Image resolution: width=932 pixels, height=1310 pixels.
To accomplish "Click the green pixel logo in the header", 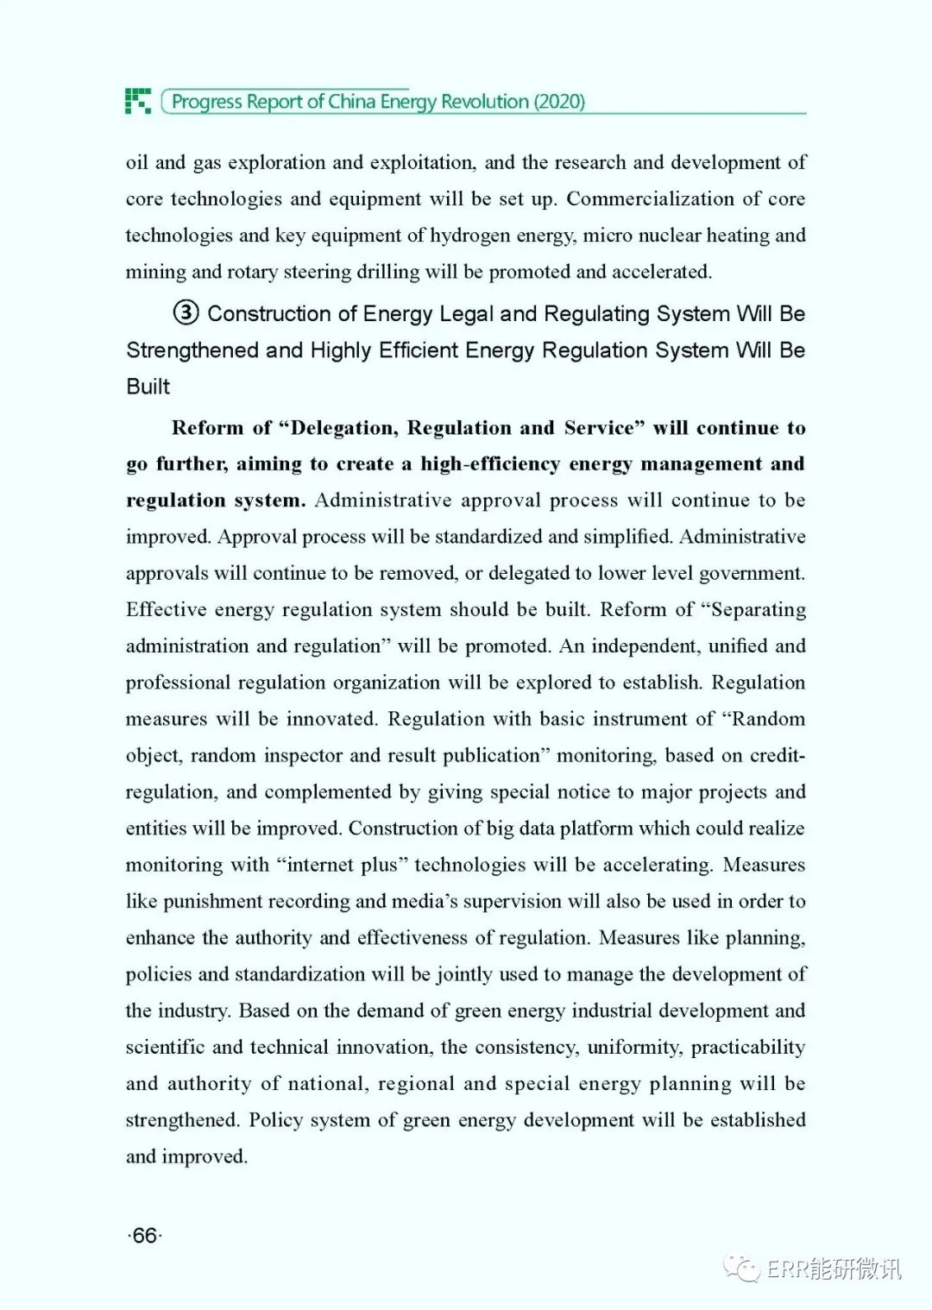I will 137,101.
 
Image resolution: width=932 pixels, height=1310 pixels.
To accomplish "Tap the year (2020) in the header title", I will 559,102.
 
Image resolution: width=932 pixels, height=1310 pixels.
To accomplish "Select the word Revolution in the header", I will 485,102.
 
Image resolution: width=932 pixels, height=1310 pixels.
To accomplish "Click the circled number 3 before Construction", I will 186,312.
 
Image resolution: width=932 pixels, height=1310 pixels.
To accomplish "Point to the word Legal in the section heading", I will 466,313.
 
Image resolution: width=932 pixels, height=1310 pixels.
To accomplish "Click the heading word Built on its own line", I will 148,386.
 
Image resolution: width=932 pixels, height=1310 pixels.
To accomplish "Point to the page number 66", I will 145,1236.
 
